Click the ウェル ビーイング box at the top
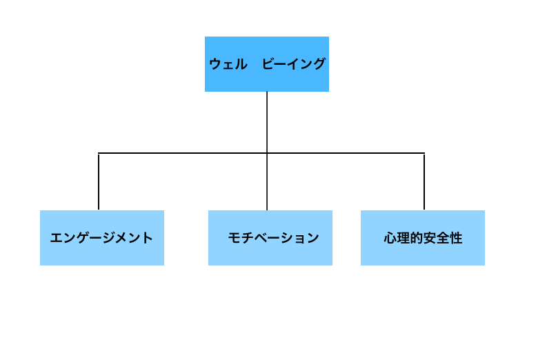click(267, 64)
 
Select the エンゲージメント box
click(102, 238)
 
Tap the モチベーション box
click(270, 238)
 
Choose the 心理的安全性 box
click(423, 238)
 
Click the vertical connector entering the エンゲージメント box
click(99, 182)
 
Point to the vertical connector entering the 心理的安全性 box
click(424, 182)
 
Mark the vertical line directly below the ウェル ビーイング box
click(267, 122)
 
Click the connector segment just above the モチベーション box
click(267, 182)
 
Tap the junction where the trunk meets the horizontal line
click(267, 153)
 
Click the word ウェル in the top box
click(228, 64)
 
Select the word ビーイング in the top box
click(294, 64)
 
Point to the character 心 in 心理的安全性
click(390, 238)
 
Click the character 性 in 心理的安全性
click(456, 238)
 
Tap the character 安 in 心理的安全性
click(430, 238)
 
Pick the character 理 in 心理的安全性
click(404, 238)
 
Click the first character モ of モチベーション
click(235, 238)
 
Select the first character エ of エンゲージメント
click(57, 238)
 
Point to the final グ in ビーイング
click(319, 64)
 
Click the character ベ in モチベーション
click(260, 238)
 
